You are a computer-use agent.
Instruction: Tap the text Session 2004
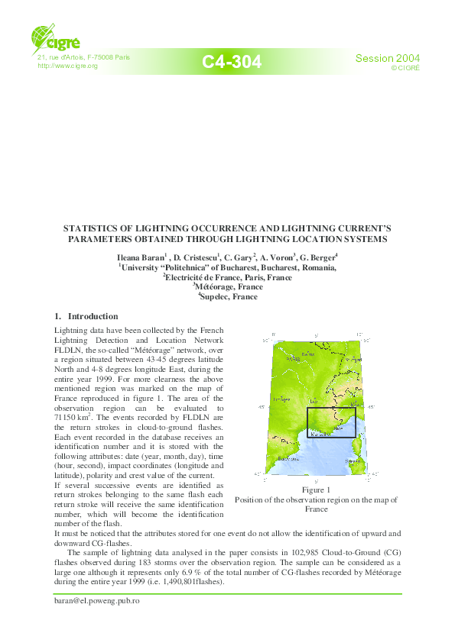point(388,59)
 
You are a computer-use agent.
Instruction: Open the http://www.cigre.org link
point(68,66)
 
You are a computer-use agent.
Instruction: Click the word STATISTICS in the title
point(90,228)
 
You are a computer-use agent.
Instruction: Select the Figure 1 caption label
point(315,490)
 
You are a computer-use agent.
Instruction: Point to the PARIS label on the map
point(307,354)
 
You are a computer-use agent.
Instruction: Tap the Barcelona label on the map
point(287,460)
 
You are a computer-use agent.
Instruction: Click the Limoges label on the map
point(283,399)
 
